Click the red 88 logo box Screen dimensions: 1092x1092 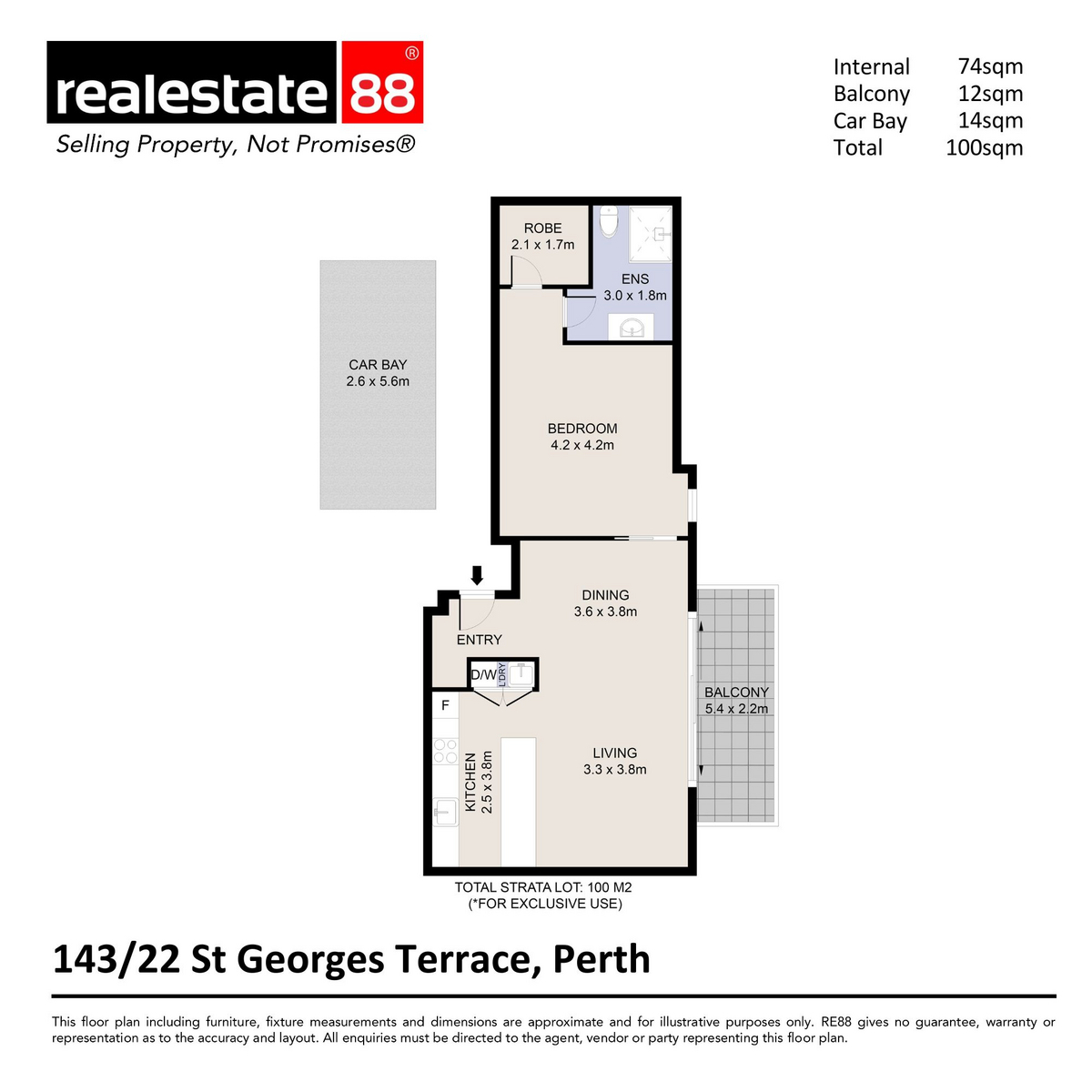point(382,82)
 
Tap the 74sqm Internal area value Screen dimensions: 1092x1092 point(990,66)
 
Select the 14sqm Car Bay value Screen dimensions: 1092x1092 point(990,121)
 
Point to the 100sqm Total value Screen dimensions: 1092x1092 point(985,148)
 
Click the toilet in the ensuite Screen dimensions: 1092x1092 point(609,221)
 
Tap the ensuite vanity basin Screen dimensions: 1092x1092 point(630,328)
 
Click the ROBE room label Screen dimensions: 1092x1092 point(542,228)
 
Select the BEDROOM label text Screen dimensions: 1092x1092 point(582,429)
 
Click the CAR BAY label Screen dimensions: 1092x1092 point(378,365)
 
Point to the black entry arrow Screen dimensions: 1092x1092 point(477,575)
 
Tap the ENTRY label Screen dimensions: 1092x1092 point(479,640)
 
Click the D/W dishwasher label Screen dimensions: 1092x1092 point(483,675)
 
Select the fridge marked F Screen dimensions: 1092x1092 point(445,705)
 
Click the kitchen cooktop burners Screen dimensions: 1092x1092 point(445,751)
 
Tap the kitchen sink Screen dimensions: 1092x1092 point(445,812)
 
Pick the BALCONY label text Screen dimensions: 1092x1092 point(736,692)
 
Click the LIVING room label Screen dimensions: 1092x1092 point(615,753)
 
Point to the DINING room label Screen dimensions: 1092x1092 point(605,595)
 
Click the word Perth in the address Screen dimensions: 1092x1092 point(602,959)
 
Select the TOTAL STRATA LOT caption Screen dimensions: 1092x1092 point(543,888)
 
